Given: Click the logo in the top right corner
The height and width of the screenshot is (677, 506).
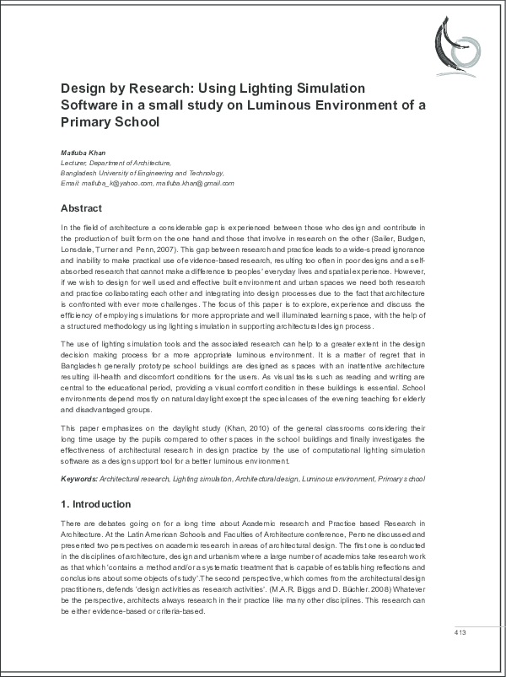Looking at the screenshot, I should click(459, 41).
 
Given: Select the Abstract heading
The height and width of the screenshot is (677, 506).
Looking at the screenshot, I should click(81, 208).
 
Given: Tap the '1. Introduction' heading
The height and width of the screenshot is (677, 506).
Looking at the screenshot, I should click(95, 504).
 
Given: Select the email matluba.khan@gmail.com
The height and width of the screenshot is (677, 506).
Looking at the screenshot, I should click(195, 183).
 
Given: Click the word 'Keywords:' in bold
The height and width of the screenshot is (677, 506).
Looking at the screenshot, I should click(79, 479).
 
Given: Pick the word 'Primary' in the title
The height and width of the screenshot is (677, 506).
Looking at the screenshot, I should click(87, 121).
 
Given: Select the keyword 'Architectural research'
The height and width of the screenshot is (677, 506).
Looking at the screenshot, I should click(133, 479).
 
